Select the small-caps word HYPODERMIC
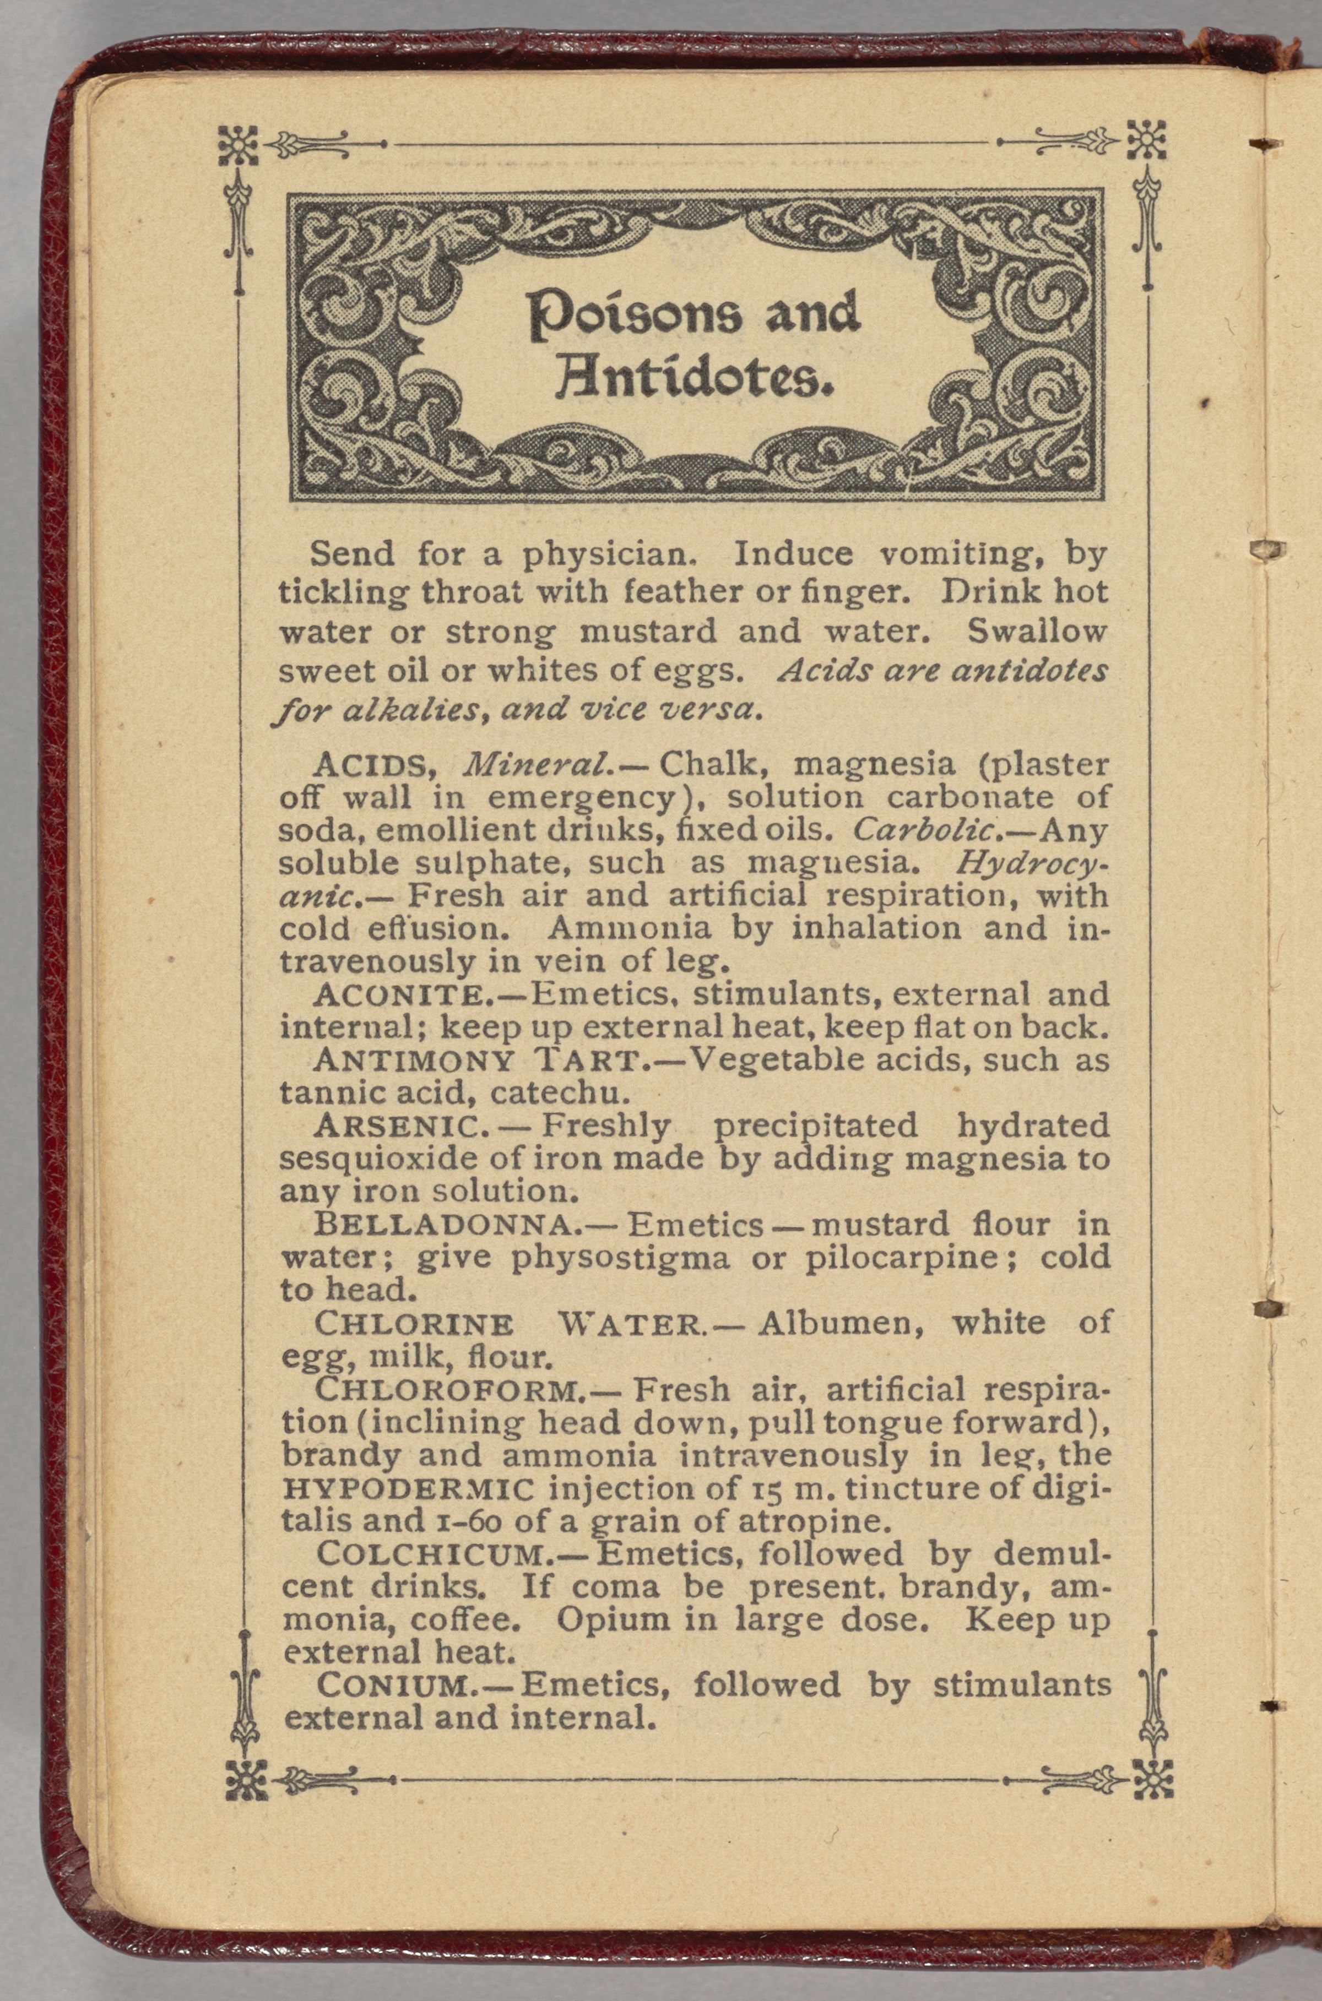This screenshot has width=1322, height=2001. click(x=408, y=1488)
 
